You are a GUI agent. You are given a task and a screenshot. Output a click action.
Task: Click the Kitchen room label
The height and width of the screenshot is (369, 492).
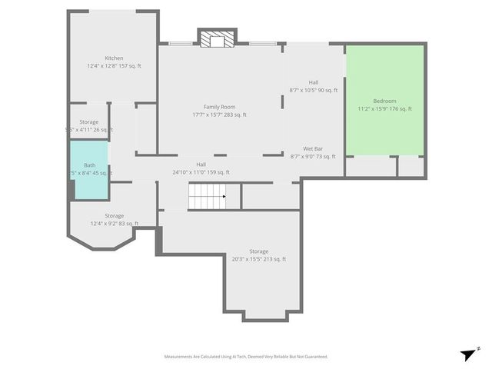114,58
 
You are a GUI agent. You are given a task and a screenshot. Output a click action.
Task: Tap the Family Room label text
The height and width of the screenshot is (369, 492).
219,107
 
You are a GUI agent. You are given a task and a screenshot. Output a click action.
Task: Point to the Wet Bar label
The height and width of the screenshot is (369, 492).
312,148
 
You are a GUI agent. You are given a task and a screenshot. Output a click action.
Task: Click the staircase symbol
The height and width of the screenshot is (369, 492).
208,197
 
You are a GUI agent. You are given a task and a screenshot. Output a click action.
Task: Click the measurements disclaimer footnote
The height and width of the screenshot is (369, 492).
246,357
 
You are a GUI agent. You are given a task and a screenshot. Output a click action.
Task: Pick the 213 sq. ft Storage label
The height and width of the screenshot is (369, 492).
258,251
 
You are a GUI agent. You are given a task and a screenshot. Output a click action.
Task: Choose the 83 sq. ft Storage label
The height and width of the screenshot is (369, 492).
114,216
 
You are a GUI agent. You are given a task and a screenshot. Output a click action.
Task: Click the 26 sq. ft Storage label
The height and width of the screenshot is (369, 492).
88,122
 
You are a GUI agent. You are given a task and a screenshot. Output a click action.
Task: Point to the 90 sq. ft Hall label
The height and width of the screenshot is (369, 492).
314,82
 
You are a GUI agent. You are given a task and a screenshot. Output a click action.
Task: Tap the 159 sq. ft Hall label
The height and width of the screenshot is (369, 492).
201,165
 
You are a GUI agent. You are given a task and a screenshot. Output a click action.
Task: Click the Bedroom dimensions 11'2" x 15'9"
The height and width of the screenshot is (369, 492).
384,109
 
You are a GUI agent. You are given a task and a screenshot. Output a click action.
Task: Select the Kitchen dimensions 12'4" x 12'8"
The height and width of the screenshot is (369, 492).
114,66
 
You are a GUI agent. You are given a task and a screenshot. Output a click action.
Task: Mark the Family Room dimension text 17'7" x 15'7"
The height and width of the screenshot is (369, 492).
219,115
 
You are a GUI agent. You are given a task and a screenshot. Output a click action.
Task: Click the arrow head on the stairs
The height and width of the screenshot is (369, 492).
224,197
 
